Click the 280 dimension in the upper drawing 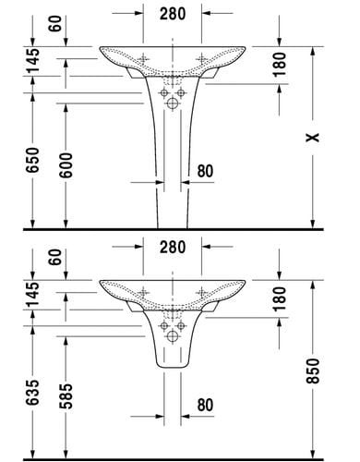173,14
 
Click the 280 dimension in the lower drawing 173,247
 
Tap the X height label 313,138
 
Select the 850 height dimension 313,371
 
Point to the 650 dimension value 32,160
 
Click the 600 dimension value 66,165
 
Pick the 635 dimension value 32,393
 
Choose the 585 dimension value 66,395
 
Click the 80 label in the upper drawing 205,171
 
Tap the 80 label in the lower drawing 205,405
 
